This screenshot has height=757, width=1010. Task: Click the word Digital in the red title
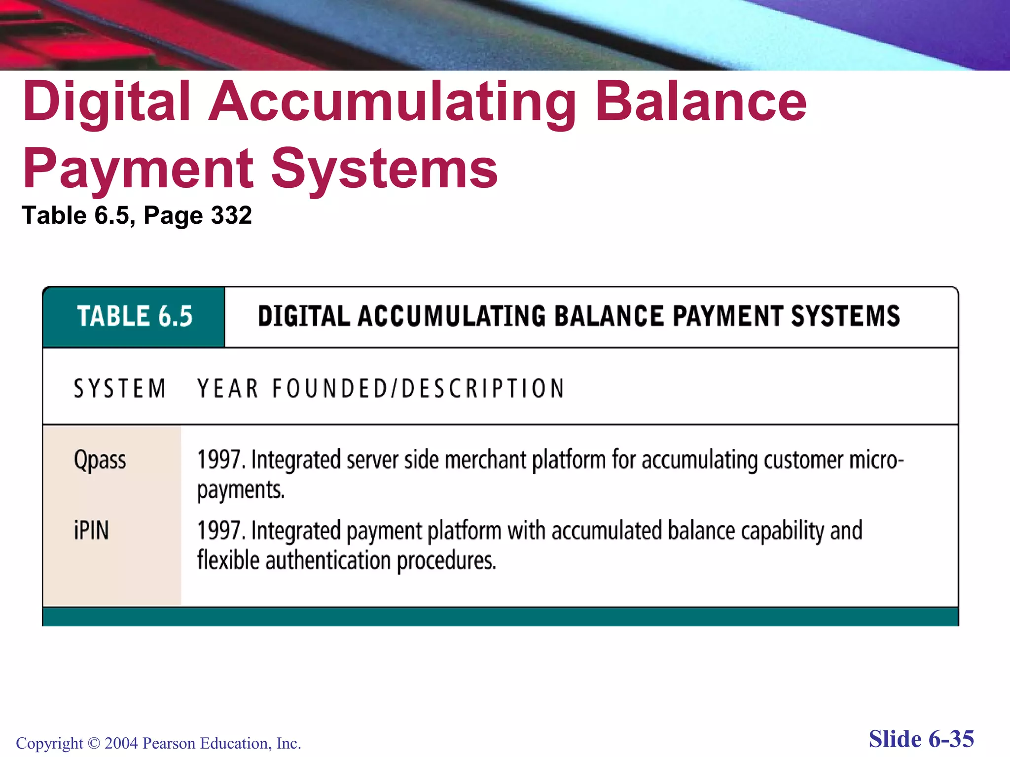[x=107, y=103]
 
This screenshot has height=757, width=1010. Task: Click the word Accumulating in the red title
[x=392, y=103]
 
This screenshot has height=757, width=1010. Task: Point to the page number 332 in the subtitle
[x=231, y=215]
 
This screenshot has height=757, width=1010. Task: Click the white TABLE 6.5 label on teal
[x=134, y=316]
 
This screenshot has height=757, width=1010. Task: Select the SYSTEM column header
[x=120, y=388]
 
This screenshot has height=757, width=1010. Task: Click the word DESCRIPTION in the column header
[x=483, y=388]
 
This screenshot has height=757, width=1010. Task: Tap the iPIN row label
[x=91, y=531]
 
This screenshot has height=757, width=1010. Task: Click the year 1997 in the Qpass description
[x=218, y=459]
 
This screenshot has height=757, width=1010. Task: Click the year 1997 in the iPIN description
[x=218, y=531]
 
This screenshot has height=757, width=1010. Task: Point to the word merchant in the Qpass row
[x=485, y=459]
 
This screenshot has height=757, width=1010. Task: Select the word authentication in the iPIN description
[x=328, y=561]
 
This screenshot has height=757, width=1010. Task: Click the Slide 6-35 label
[x=921, y=739]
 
